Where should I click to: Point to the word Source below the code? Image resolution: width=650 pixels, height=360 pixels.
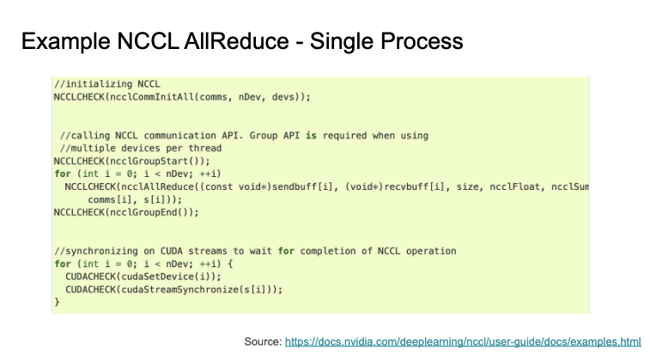260,341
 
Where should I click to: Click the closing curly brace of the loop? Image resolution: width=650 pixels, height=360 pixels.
57,302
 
